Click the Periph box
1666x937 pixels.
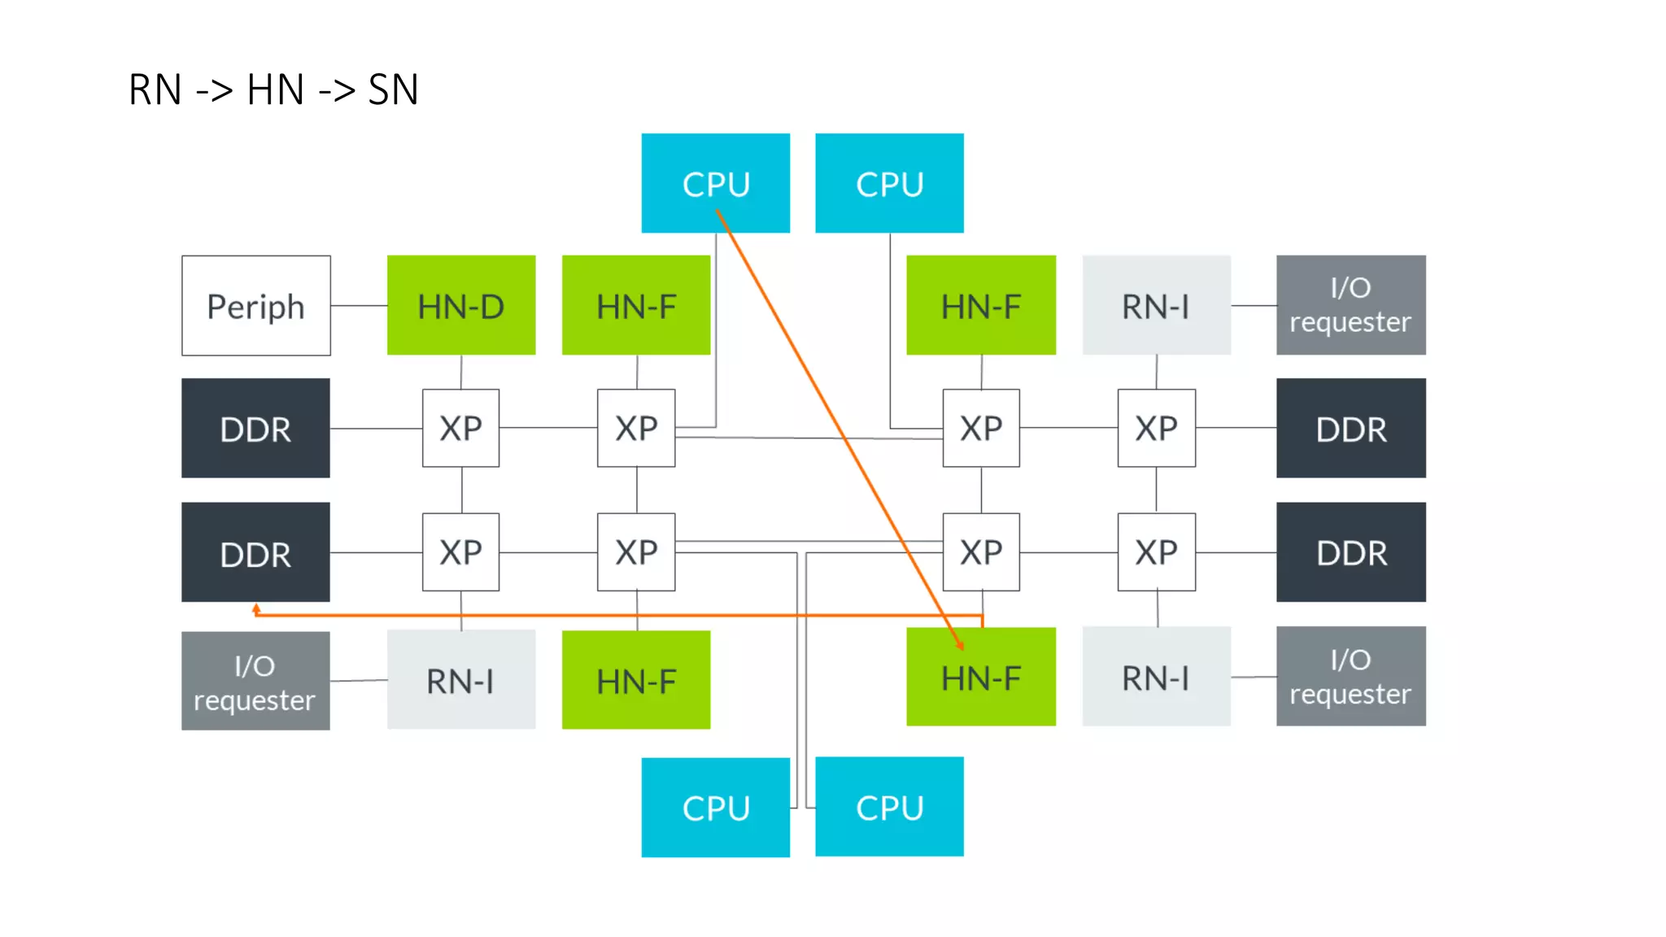[255, 306]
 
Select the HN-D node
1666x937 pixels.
[460, 306]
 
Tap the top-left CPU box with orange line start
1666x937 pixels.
[715, 183]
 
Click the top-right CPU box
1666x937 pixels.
[889, 183]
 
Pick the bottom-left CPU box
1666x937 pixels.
[715, 807]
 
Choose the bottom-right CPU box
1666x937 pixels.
[889, 807]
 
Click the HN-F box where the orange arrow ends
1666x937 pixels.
[980, 677]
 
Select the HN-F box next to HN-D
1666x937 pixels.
[635, 306]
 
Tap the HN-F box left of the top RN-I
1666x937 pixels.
[980, 306]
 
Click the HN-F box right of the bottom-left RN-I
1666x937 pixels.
[635, 680]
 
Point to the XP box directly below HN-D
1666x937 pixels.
[460, 428]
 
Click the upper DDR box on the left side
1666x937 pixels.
[255, 428]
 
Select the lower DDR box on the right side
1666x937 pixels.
[1350, 552]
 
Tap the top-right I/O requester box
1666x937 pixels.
[1350, 305]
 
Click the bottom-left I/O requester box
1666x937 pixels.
[255, 681]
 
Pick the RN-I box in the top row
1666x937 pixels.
[1156, 306]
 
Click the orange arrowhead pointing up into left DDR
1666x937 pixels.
[256, 608]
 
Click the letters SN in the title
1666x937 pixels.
[393, 89]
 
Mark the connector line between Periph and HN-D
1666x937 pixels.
[359, 306]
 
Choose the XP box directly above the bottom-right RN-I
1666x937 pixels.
[1156, 552]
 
